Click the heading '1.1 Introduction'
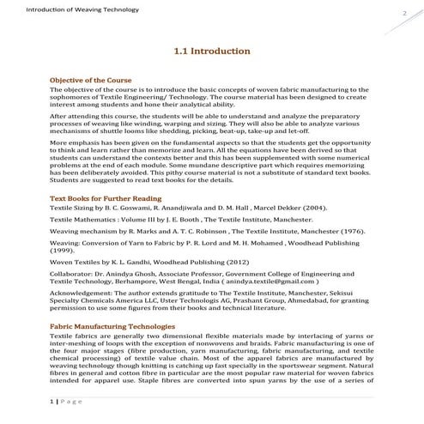tap(211, 51)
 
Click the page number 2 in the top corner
tap(403, 15)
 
